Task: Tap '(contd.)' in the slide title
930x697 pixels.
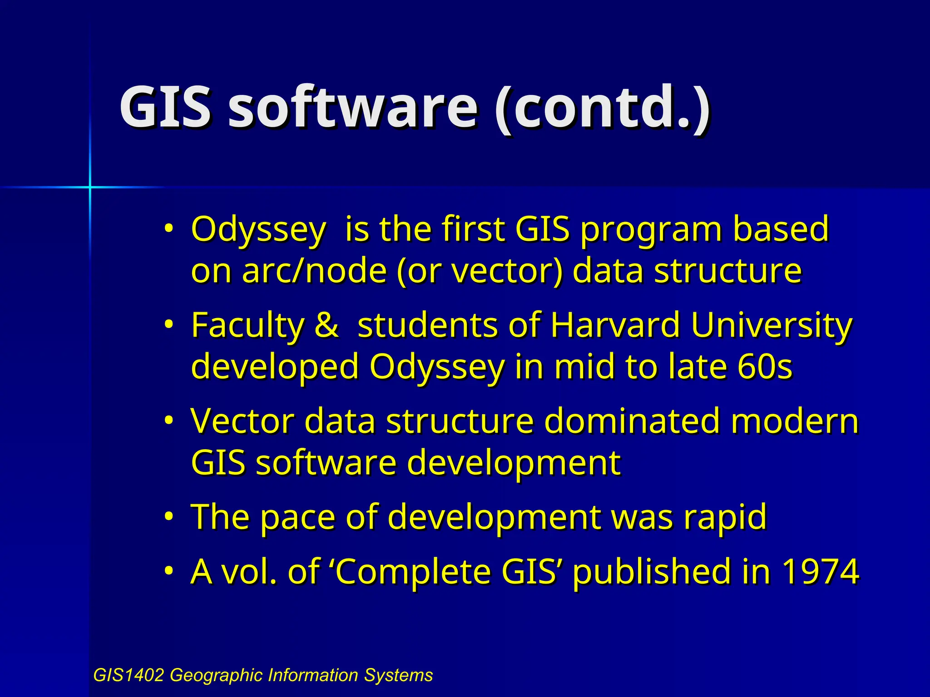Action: (602, 108)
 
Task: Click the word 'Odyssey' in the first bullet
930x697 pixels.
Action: (258, 230)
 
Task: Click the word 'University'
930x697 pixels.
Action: (772, 326)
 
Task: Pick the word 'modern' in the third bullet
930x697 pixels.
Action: (795, 421)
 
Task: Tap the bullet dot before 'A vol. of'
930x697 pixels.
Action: (168, 570)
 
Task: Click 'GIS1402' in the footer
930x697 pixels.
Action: (128, 675)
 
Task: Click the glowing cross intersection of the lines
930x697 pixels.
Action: (90, 187)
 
